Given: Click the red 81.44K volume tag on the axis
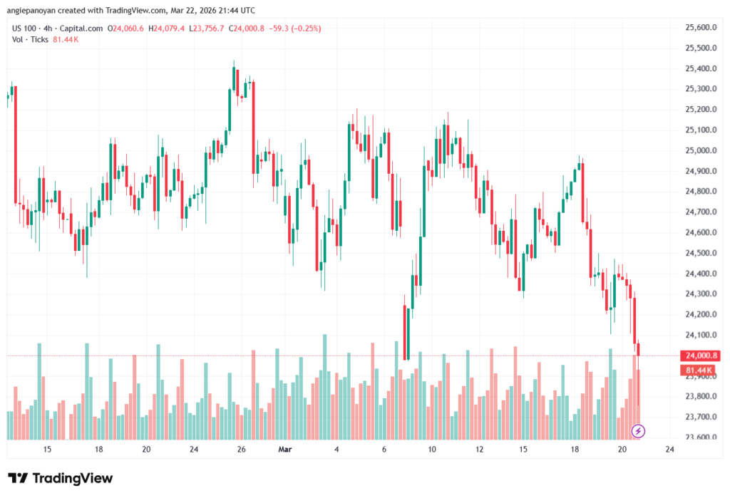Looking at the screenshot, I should pos(699,370).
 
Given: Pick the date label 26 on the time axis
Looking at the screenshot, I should pos(242,450).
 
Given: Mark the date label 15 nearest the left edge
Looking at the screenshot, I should pos(47,450).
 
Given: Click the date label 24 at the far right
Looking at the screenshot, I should pos(669,450).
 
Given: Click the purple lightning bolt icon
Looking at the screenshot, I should pos(639,430).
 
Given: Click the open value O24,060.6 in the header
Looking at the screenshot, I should pos(125,28).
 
